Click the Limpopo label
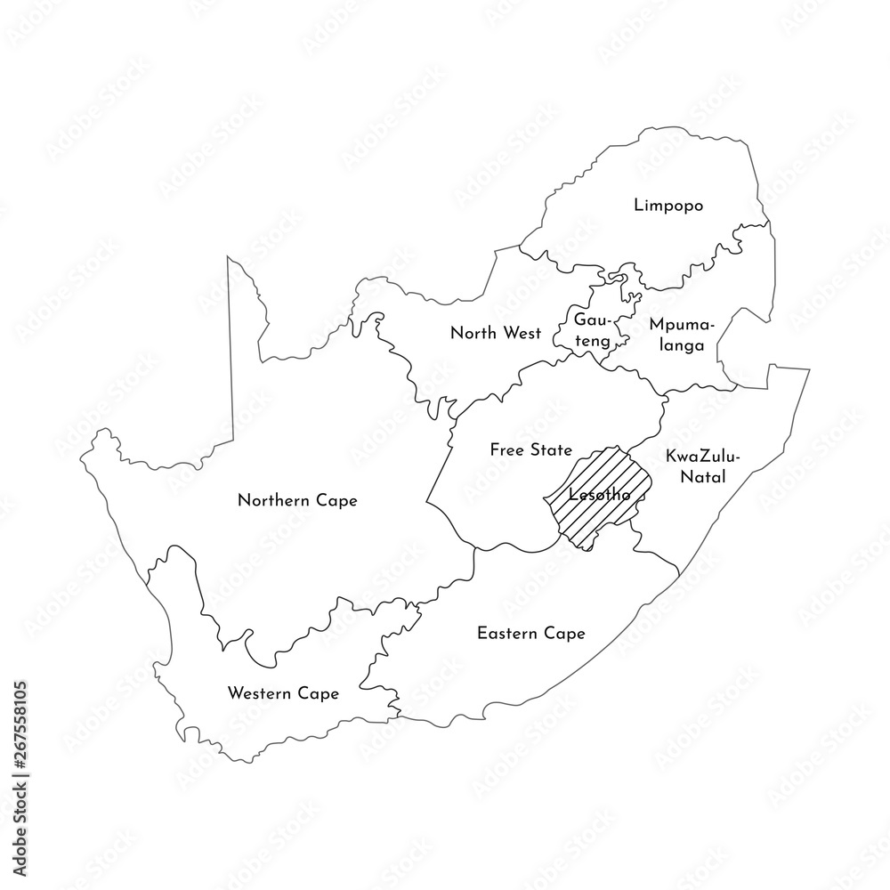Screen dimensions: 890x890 668,206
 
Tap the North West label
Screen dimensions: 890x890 495,334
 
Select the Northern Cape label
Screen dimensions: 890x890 297,501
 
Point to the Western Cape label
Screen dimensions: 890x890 283,693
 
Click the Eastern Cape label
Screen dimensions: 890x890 530,634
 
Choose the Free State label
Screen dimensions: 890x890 530,450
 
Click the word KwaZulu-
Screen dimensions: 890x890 703,457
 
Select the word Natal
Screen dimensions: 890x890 703,478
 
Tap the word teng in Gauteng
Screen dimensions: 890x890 592,340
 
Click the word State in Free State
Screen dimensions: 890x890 552,450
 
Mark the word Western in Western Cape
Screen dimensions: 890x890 260,693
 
